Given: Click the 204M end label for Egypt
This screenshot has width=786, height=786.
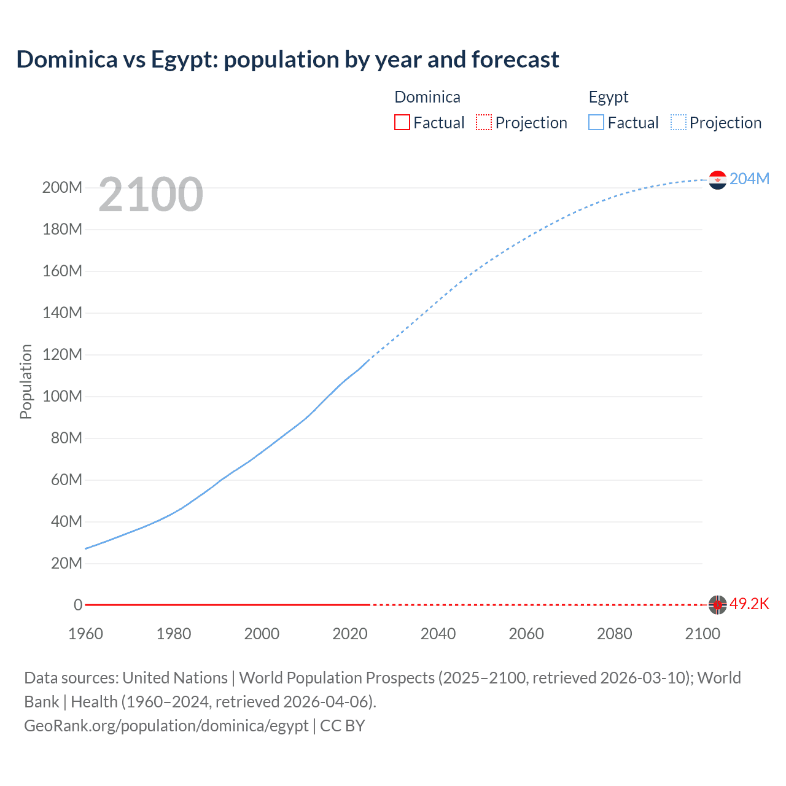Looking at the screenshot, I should pos(749,179).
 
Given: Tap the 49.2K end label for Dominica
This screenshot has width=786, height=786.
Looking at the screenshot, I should pos(749,604).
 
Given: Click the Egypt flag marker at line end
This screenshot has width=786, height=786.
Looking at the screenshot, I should pos(717,180).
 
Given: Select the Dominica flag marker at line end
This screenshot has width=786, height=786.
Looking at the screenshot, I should pos(717,605).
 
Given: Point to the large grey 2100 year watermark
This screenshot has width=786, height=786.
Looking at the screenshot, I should pos(150,195).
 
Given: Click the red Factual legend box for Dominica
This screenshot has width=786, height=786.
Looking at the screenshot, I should pos(402,122).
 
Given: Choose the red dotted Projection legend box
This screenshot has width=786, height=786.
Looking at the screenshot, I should pos(484,122).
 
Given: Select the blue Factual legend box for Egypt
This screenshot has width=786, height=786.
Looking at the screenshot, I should pos(596,122).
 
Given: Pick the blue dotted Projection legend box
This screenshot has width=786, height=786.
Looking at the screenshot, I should pos(679,122).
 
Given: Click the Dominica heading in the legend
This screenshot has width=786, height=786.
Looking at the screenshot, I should pos(427,97).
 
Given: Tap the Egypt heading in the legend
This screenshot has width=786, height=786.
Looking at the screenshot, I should pos(608,97).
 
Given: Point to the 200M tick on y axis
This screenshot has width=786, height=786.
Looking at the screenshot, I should pos(62,187).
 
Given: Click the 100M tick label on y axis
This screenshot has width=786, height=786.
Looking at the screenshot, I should pos(62,396).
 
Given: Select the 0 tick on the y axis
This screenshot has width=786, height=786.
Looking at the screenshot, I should pos(78,605).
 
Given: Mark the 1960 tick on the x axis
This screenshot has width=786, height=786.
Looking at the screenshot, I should pos(85,634).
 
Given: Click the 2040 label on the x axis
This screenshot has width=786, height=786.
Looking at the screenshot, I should pos(438,634).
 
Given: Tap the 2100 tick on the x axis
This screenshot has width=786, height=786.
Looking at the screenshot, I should pos(702,634).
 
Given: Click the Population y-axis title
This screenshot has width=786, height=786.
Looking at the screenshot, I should pos(26,381).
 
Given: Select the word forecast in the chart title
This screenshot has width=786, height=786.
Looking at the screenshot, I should pos(515,60).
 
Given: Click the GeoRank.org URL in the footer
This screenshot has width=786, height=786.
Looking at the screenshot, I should pos(166,726).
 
